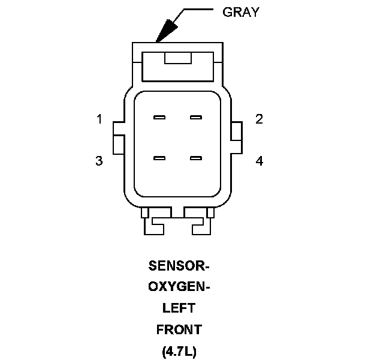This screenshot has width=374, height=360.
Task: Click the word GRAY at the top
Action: [x=241, y=12]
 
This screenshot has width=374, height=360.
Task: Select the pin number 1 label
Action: [x=99, y=119]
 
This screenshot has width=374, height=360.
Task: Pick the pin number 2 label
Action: [x=259, y=119]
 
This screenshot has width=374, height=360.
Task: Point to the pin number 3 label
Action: [x=99, y=161]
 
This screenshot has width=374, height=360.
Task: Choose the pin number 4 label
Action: [x=259, y=161]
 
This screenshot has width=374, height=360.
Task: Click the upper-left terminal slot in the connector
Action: [x=159, y=117]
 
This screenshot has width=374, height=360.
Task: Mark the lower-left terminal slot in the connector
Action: [x=159, y=158]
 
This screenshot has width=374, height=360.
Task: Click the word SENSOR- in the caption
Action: [x=179, y=265]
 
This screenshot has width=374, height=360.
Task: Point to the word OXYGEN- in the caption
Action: [x=179, y=287]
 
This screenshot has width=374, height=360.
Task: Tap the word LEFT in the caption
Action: [x=179, y=308]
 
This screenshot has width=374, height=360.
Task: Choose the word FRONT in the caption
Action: [x=179, y=330]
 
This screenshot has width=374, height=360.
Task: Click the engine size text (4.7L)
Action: [x=179, y=352]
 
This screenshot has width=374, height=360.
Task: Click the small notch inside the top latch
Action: [x=177, y=58]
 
